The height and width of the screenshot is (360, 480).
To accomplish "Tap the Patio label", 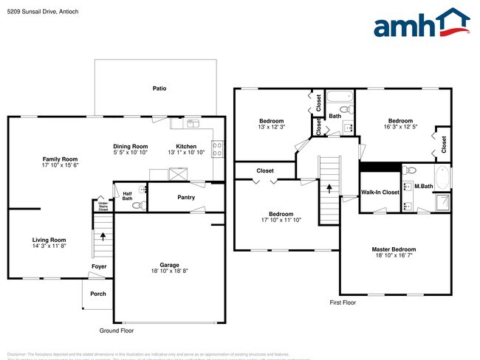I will pos(160,89).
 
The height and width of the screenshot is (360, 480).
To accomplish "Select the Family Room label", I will pos(60,159).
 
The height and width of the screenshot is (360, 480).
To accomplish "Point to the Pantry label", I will pos(186,197).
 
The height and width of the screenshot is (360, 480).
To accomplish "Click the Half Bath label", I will pos(127,195).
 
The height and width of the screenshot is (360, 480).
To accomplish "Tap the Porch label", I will pos(98,294).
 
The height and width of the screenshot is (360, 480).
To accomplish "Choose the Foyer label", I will pos(98,266).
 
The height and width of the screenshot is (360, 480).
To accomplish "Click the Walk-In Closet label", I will pos(380,192).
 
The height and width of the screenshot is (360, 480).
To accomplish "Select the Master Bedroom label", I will pos(394,249).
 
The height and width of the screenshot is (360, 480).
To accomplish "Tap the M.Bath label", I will pos(423,186).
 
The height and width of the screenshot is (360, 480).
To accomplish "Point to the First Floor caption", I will pos(343,302).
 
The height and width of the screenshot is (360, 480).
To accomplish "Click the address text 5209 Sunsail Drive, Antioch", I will pos(43,12).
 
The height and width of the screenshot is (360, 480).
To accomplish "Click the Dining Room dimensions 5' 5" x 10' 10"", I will pos(130,153).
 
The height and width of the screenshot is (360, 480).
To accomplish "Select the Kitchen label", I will pos(186,146).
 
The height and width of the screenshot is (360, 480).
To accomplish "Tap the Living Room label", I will pos(49,240).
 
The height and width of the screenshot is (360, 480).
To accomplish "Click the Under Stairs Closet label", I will pos(103,206).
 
